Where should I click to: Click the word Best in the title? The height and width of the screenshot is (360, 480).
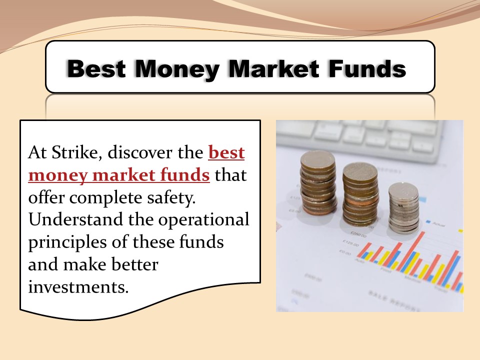tap(96, 68)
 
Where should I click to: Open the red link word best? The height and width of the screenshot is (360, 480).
tap(226, 152)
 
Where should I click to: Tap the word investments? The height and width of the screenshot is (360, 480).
tap(75, 287)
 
